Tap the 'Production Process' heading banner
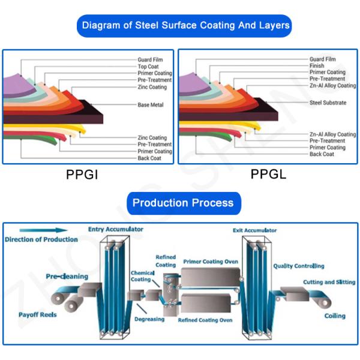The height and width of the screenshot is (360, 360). click(183, 203)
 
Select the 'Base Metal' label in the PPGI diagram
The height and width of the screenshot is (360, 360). click(150, 105)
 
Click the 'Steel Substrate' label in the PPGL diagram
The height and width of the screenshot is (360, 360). click(328, 103)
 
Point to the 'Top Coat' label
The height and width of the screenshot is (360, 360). click(148, 67)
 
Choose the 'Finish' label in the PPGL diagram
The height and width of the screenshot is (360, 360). click(317, 65)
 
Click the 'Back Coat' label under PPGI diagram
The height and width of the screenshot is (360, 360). click(149, 158)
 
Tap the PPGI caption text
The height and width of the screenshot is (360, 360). click(82, 176)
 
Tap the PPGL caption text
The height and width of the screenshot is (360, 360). click(268, 175)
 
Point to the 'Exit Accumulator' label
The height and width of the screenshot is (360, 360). click(254, 230)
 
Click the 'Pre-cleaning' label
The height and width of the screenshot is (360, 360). click(67, 277)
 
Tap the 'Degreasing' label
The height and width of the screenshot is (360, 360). click(149, 320)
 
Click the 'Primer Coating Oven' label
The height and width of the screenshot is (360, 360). click(211, 262)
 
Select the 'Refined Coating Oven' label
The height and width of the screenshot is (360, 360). click(205, 320)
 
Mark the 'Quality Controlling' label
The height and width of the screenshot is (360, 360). click(299, 266)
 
